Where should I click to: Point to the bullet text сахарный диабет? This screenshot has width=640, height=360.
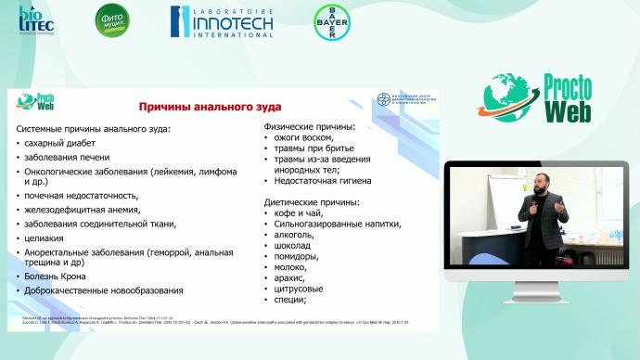(64, 144)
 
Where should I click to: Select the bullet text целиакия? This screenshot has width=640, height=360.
(49, 238)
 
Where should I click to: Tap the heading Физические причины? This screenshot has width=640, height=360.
(309, 126)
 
